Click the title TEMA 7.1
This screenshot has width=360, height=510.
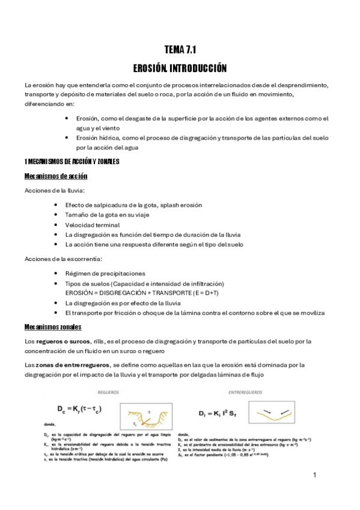point(180,51)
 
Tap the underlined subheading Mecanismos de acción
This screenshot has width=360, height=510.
point(56,176)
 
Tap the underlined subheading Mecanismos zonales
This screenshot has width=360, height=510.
point(53,327)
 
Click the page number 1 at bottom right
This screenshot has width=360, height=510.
point(314,475)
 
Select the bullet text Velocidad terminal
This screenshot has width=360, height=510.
point(93,225)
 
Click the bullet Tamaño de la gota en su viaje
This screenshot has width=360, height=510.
point(108,215)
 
